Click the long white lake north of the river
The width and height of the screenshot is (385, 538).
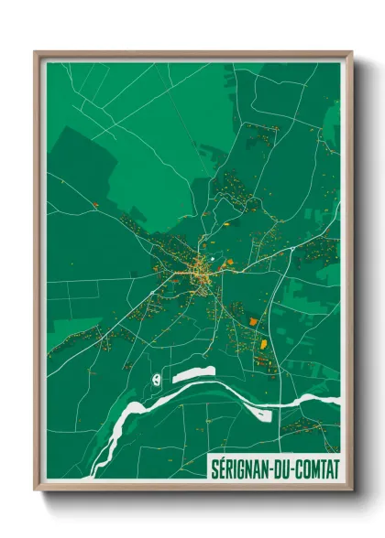point(193,373)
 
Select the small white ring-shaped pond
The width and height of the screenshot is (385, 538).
point(157,377)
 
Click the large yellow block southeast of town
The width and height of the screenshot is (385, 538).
point(263,342)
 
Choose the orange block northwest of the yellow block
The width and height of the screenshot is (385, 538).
point(253,322)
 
